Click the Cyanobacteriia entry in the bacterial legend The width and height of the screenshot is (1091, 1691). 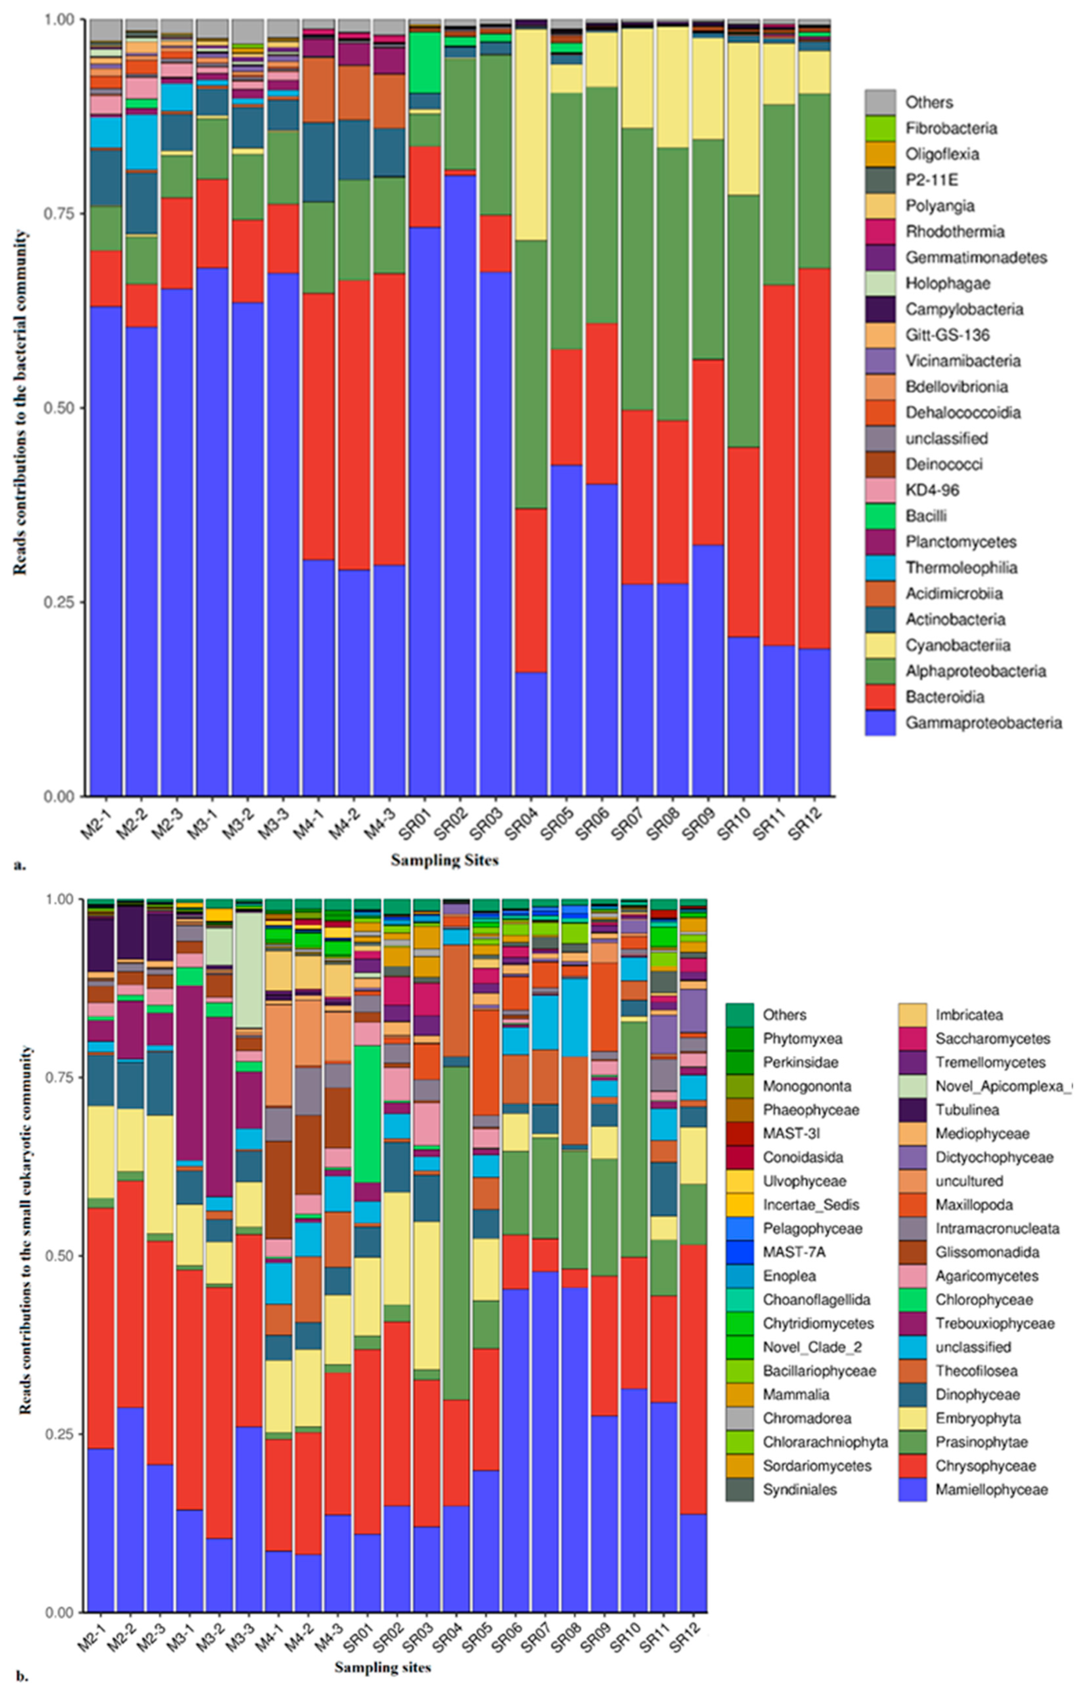click(957, 645)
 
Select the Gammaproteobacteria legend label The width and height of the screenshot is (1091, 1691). click(983, 723)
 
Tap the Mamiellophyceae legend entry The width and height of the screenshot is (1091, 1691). click(990, 1489)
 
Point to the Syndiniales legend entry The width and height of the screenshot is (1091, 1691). click(799, 1489)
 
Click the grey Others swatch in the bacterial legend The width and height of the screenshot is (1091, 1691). click(880, 103)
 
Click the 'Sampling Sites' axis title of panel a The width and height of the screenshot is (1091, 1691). click(444, 860)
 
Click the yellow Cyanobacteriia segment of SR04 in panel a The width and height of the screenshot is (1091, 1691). click(531, 135)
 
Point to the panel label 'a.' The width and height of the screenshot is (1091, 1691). click(19, 864)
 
